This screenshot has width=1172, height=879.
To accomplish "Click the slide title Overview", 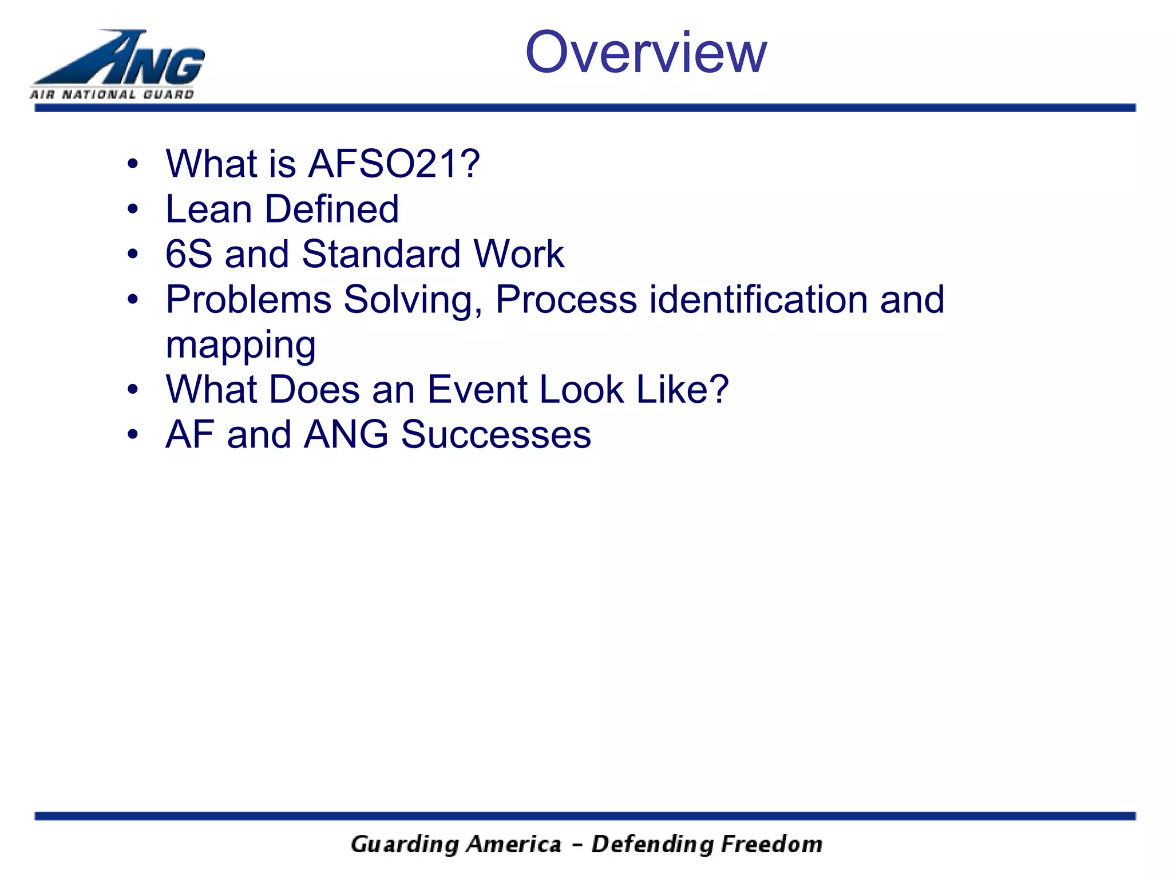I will (646, 53).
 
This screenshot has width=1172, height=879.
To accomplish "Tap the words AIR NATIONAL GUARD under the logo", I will (112, 94).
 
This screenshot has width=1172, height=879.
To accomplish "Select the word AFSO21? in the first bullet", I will (394, 164).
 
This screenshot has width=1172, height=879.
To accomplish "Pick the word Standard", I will (381, 254).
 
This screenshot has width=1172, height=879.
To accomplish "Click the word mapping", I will (240, 346).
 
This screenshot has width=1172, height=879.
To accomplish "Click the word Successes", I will (496, 435).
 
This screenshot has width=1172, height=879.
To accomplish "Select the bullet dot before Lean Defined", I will (133, 210).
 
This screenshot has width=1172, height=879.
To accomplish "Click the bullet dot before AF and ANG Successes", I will (133, 435).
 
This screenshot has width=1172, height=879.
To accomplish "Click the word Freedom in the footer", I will (771, 845).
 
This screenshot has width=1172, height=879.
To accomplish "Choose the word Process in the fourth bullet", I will (566, 299).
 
